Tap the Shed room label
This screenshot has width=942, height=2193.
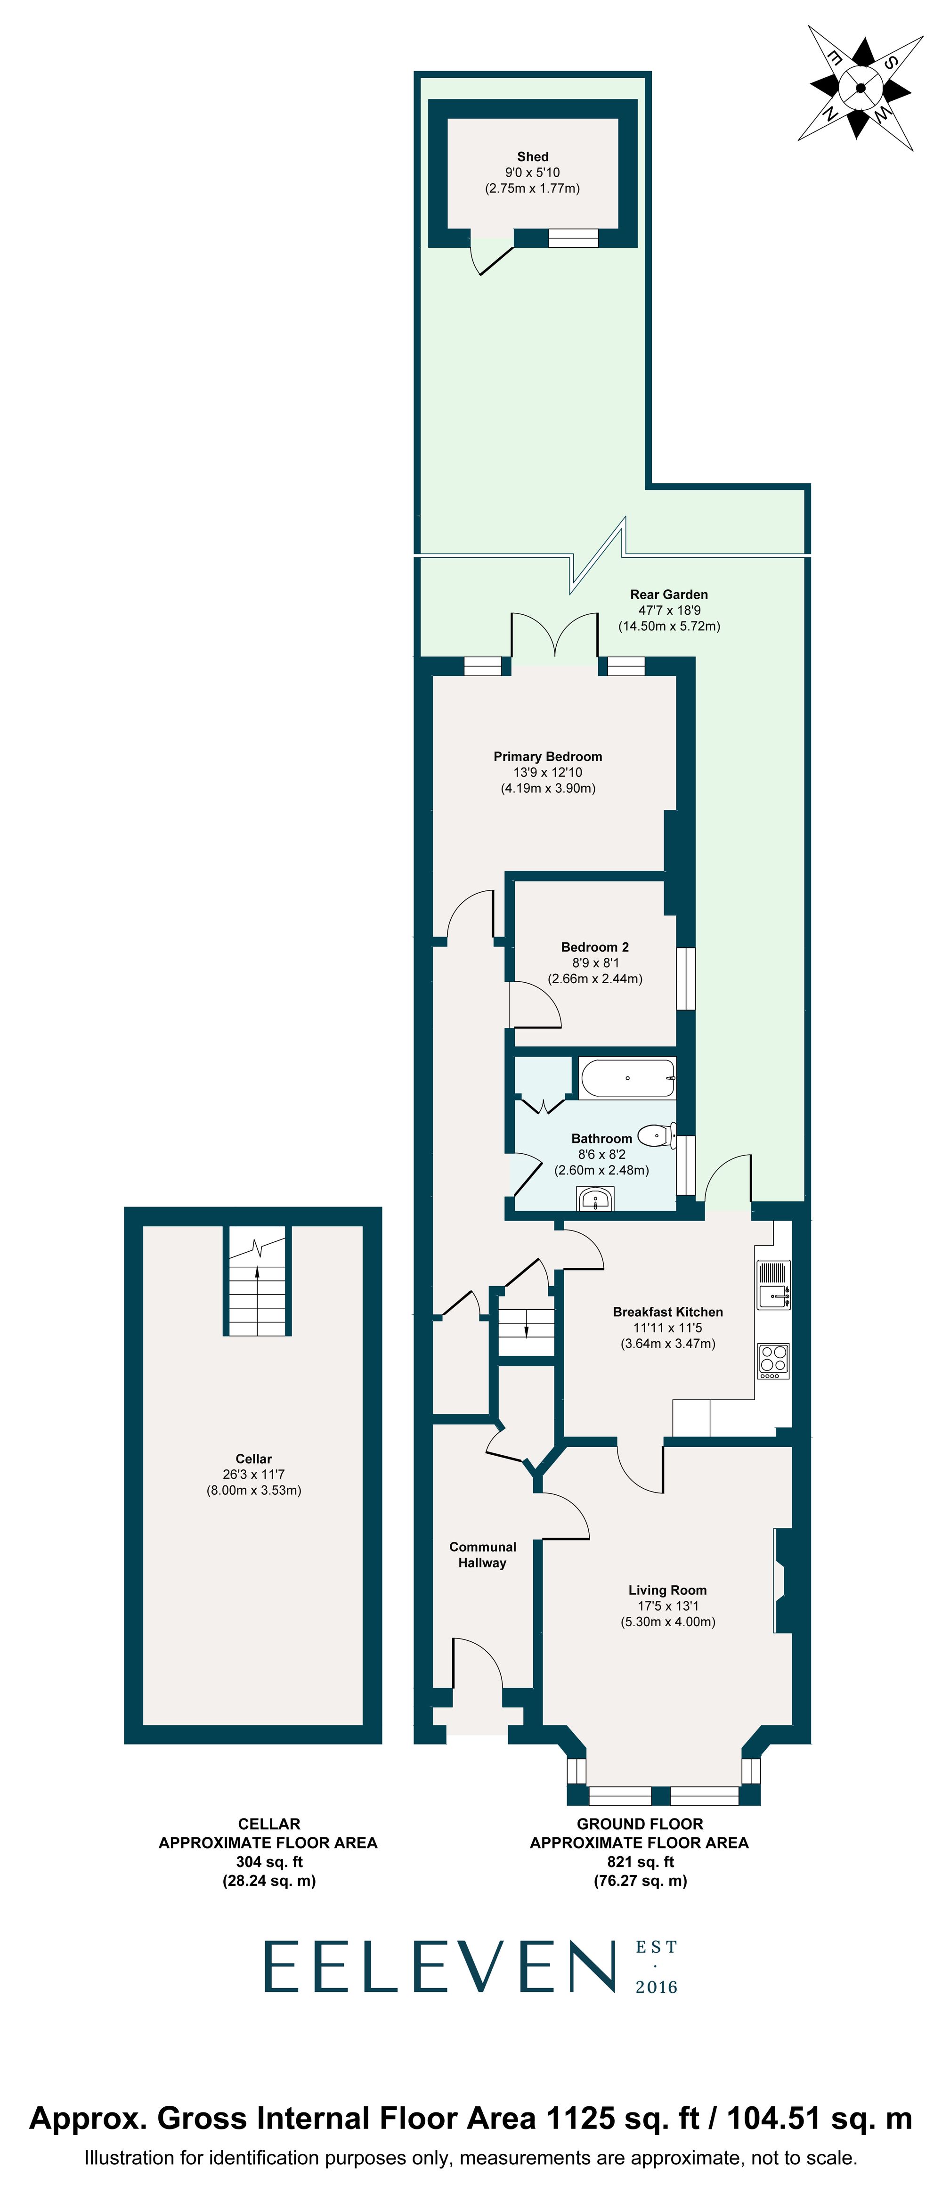(533, 156)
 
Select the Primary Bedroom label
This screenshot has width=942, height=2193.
(547, 756)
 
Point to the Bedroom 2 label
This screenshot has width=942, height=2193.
(595, 946)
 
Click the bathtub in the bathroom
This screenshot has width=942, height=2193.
(628, 1078)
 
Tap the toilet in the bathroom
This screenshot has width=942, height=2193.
(656, 1135)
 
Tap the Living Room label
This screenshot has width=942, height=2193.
(667, 1590)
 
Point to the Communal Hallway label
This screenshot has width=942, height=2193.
(482, 1555)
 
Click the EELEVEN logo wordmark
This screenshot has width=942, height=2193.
(439, 1966)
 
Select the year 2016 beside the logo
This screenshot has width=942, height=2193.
(656, 1987)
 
